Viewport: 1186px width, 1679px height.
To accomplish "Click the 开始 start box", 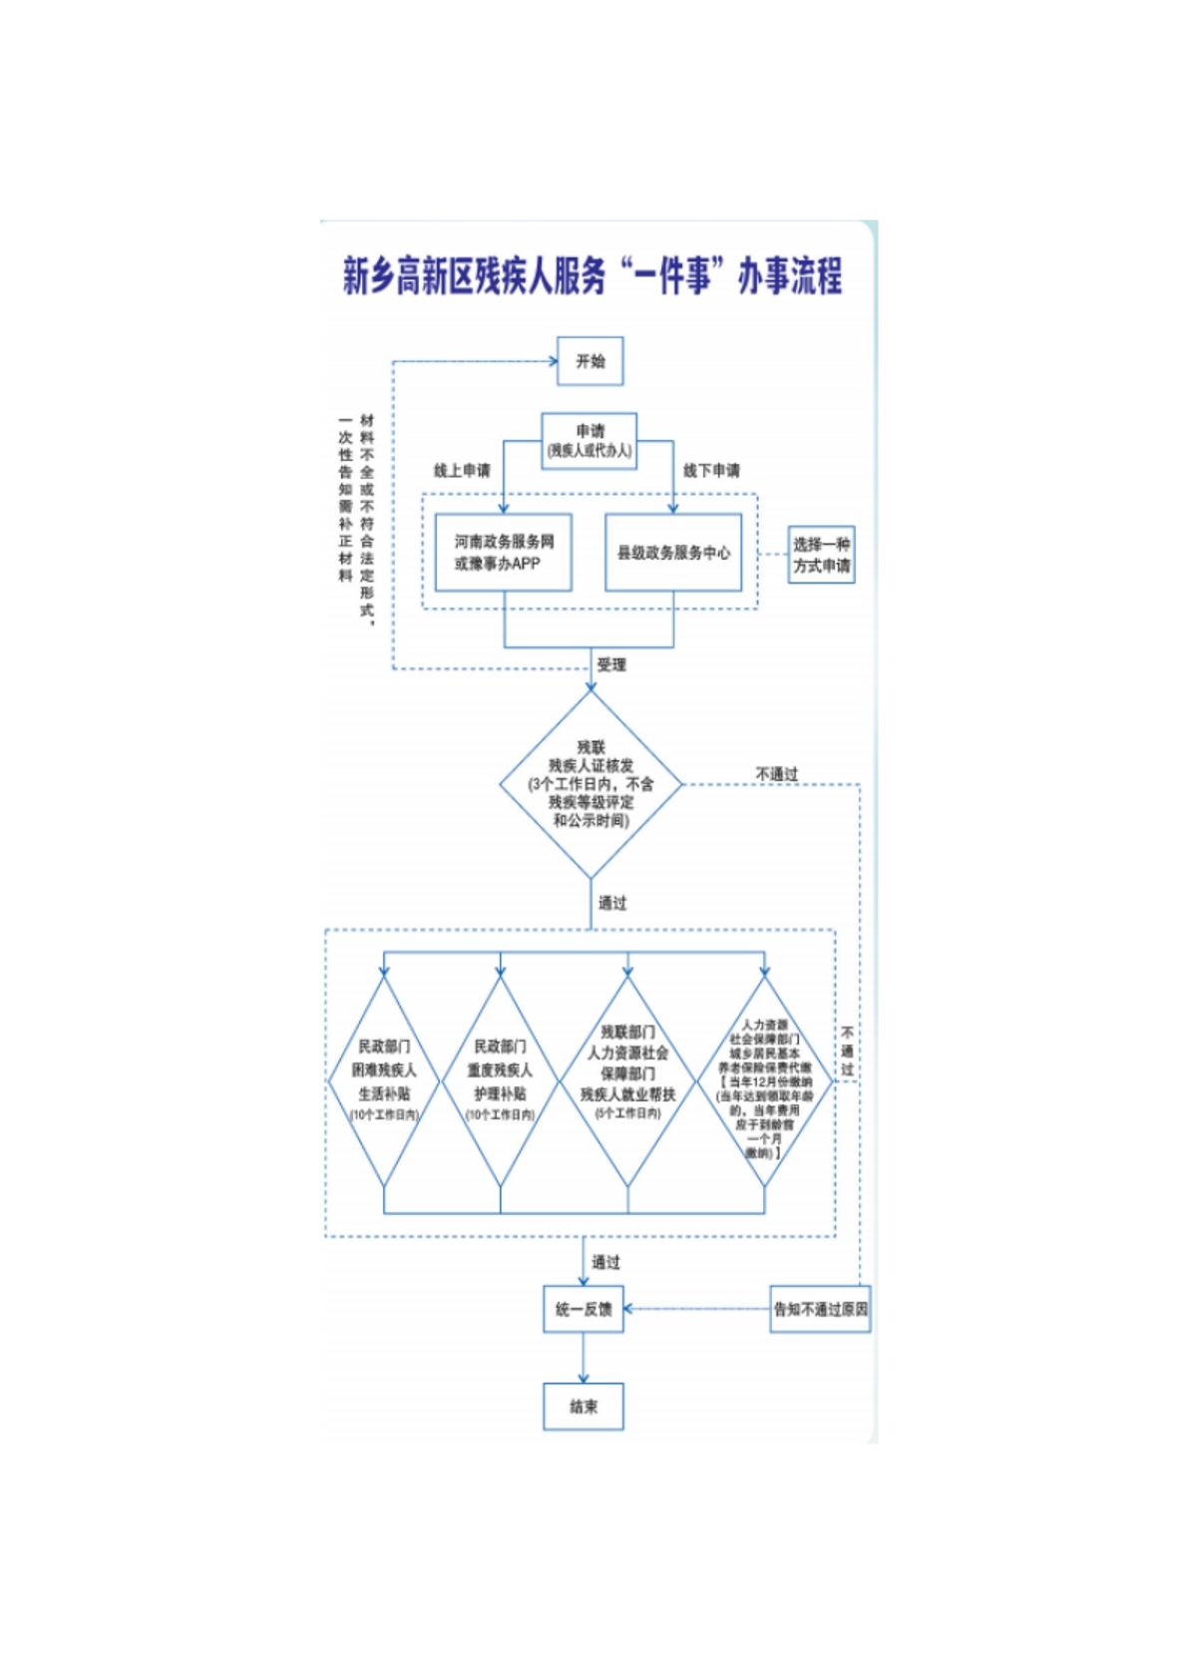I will pyautogui.click(x=590, y=361).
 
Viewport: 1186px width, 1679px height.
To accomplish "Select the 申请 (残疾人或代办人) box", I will pyautogui.click(x=590, y=440).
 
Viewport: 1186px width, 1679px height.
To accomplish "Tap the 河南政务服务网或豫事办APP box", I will pyautogui.click(x=503, y=553).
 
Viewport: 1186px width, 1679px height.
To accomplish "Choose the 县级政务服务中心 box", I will pyautogui.click(x=673, y=553).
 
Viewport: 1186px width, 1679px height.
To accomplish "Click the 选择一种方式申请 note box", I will pyautogui.click(x=821, y=555).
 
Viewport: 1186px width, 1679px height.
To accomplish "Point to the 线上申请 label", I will pyautogui.click(x=462, y=471).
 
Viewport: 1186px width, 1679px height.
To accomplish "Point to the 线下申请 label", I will pyautogui.click(x=711, y=471).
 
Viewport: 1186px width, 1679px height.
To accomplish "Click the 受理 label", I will pyautogui.click(x=611, y=664).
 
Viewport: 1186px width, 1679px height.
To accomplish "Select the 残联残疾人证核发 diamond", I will pyautogui.click(x=591, y=784).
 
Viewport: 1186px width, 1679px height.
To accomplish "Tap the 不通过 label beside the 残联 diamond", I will pyautogui.click(x=776, y=774).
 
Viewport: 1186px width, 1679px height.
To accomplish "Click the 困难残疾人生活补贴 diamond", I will pyautogui.click(x=384, y=1080).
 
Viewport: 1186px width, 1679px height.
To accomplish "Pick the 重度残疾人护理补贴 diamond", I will pyautogui.click(x=500, y=1080).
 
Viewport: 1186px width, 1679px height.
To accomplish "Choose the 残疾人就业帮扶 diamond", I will pyautogui.click(x=627, y=1080).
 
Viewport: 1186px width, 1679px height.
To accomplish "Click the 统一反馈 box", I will pyautogui.click(x=584, y=1309).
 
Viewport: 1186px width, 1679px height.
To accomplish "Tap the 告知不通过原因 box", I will pyautogui.click(x=820, y=1309).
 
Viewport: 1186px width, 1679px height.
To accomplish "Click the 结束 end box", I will pyautogui.click(x=584, y=1407).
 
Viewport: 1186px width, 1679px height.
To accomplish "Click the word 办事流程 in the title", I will pyautogui.click(x=790, y=275).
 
